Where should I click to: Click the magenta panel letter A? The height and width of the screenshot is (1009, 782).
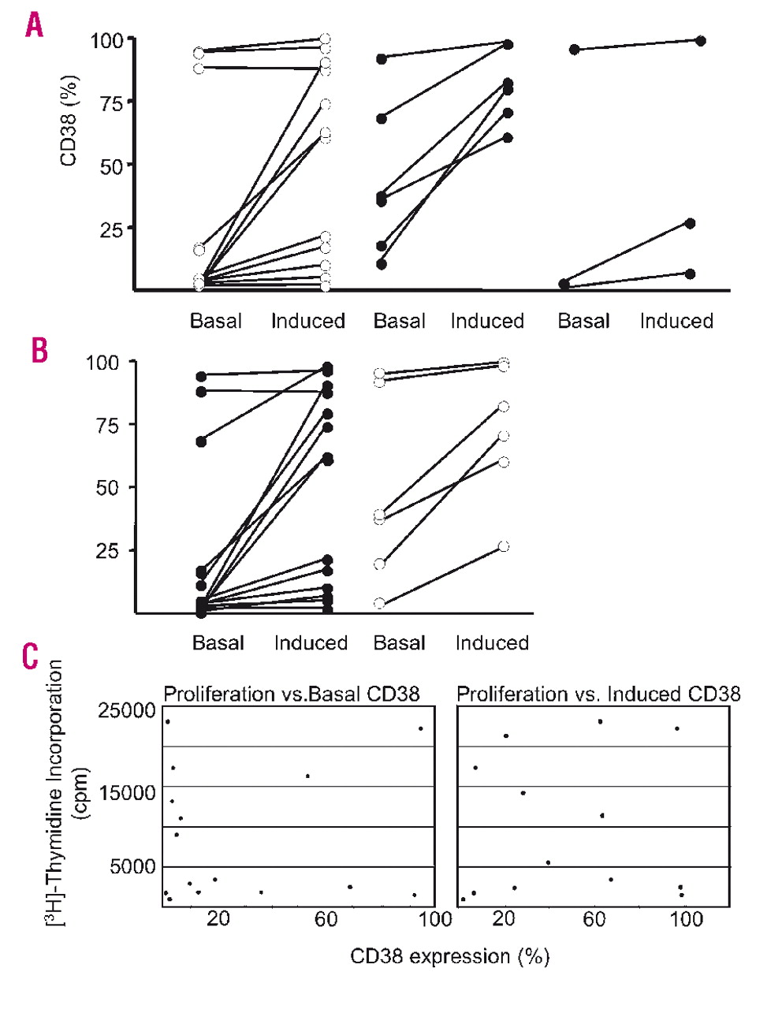pyautogui.click(x=34, y=26)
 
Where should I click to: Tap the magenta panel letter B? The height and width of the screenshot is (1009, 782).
pyautogui.click(x=39, y=350)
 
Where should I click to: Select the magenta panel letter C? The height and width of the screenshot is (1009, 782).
pyautogui.click(x=30, y=655)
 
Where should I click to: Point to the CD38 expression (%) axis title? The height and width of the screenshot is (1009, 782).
pyautogui.click(x=449, y=957)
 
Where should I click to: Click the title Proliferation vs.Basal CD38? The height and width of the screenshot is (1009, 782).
pyautogui.click(x=291, y=694)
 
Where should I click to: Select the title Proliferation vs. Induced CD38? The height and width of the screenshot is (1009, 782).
pyautogui.click(x=598, y=694)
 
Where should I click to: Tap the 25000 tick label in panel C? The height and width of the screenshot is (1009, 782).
pyautogui.click(x=127, y=709)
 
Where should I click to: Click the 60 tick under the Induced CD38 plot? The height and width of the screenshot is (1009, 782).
pyautogui.click(x=594, y=919)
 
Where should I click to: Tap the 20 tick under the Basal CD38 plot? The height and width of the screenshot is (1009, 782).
pyautogui.click(x=218, y=919)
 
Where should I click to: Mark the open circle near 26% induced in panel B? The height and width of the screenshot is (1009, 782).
pyautogui.click(x=504, y=546)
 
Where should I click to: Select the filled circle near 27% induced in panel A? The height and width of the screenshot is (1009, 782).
pyautogui.click(x=690, y=224)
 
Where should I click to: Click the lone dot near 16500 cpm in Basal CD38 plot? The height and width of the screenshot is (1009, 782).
pyautogui.click(x=307, y=776)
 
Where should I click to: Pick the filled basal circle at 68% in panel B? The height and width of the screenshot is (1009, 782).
pyautogui.click(x=201, y=441)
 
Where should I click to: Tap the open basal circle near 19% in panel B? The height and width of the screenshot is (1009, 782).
pyautogui.click(x=380, y=564)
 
